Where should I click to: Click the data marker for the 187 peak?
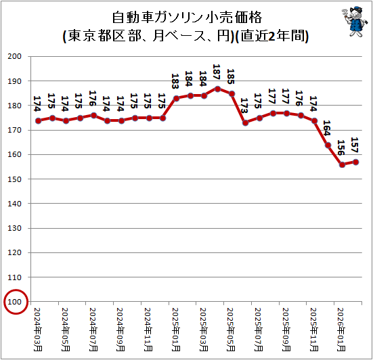click(x=217, y=89)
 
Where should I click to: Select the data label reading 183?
click(x=175, y=81)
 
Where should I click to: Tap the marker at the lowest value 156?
click(x=342, y=165)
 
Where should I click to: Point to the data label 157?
click(x=355, y=145)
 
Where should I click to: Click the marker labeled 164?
click(x=328, y=145)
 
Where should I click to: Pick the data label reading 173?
click(x=244, y=106)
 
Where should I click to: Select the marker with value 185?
click(x=232, y=94)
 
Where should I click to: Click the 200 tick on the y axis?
click(x=14, y=56)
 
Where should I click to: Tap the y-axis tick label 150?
click(x=14, y=179)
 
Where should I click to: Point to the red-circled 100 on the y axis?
click(x=14, y=302)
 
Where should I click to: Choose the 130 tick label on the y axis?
click(x=14, y=228)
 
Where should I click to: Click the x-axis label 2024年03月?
click(x=38, y=330)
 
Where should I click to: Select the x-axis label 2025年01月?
click(x=176, y=330)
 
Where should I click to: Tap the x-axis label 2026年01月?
click(x=341, y=330)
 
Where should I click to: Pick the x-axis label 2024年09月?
click(x=120, y=330)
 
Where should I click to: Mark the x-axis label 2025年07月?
click(x=259, y=330)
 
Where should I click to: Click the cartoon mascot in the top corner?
click(x=355, y=22)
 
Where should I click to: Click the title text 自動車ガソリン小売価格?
click(x=187, y=18)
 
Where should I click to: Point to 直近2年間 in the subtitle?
click(x=273, y=36)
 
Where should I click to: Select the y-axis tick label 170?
click(x=14, y=130)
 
